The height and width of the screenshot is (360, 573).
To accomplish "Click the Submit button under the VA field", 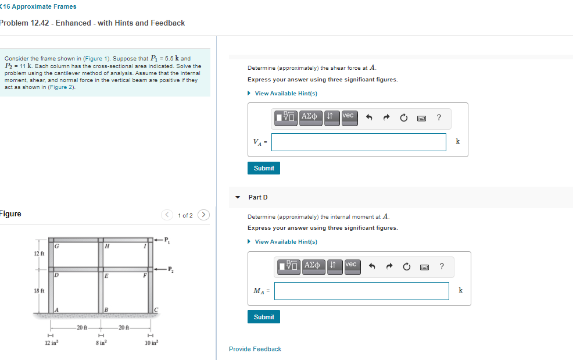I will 264,168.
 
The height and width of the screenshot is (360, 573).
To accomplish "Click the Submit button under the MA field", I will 264,317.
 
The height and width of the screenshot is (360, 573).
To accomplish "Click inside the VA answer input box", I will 359,142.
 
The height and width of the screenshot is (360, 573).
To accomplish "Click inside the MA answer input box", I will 361,291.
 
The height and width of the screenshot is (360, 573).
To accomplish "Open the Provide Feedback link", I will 255,349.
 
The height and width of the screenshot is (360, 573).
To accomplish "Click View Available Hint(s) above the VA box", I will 285,94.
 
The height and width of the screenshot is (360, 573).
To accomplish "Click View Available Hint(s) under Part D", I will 285,242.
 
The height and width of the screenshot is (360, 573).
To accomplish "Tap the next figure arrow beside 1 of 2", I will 203,215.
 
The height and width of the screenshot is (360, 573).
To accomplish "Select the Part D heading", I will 258,197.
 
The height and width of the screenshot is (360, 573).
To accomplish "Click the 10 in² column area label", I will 151,344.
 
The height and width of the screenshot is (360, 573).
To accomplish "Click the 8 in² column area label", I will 101,344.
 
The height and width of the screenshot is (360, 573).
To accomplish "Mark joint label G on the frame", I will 56,247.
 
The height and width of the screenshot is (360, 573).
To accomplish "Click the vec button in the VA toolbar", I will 348,116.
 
